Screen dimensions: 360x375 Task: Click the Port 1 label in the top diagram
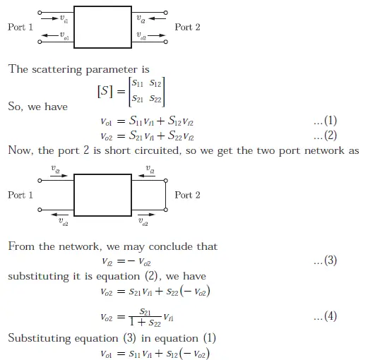point(20,27)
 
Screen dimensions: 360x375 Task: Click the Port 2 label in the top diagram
point(187,27)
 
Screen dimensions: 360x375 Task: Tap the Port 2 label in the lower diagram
point(187,195)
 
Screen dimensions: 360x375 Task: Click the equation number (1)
point(325,123)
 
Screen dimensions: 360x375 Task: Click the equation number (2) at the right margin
point(325,136)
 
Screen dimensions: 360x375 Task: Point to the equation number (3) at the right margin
point(325,260)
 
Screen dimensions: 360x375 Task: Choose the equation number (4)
point(325,318)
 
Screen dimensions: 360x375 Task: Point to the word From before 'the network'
point(21,246)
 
